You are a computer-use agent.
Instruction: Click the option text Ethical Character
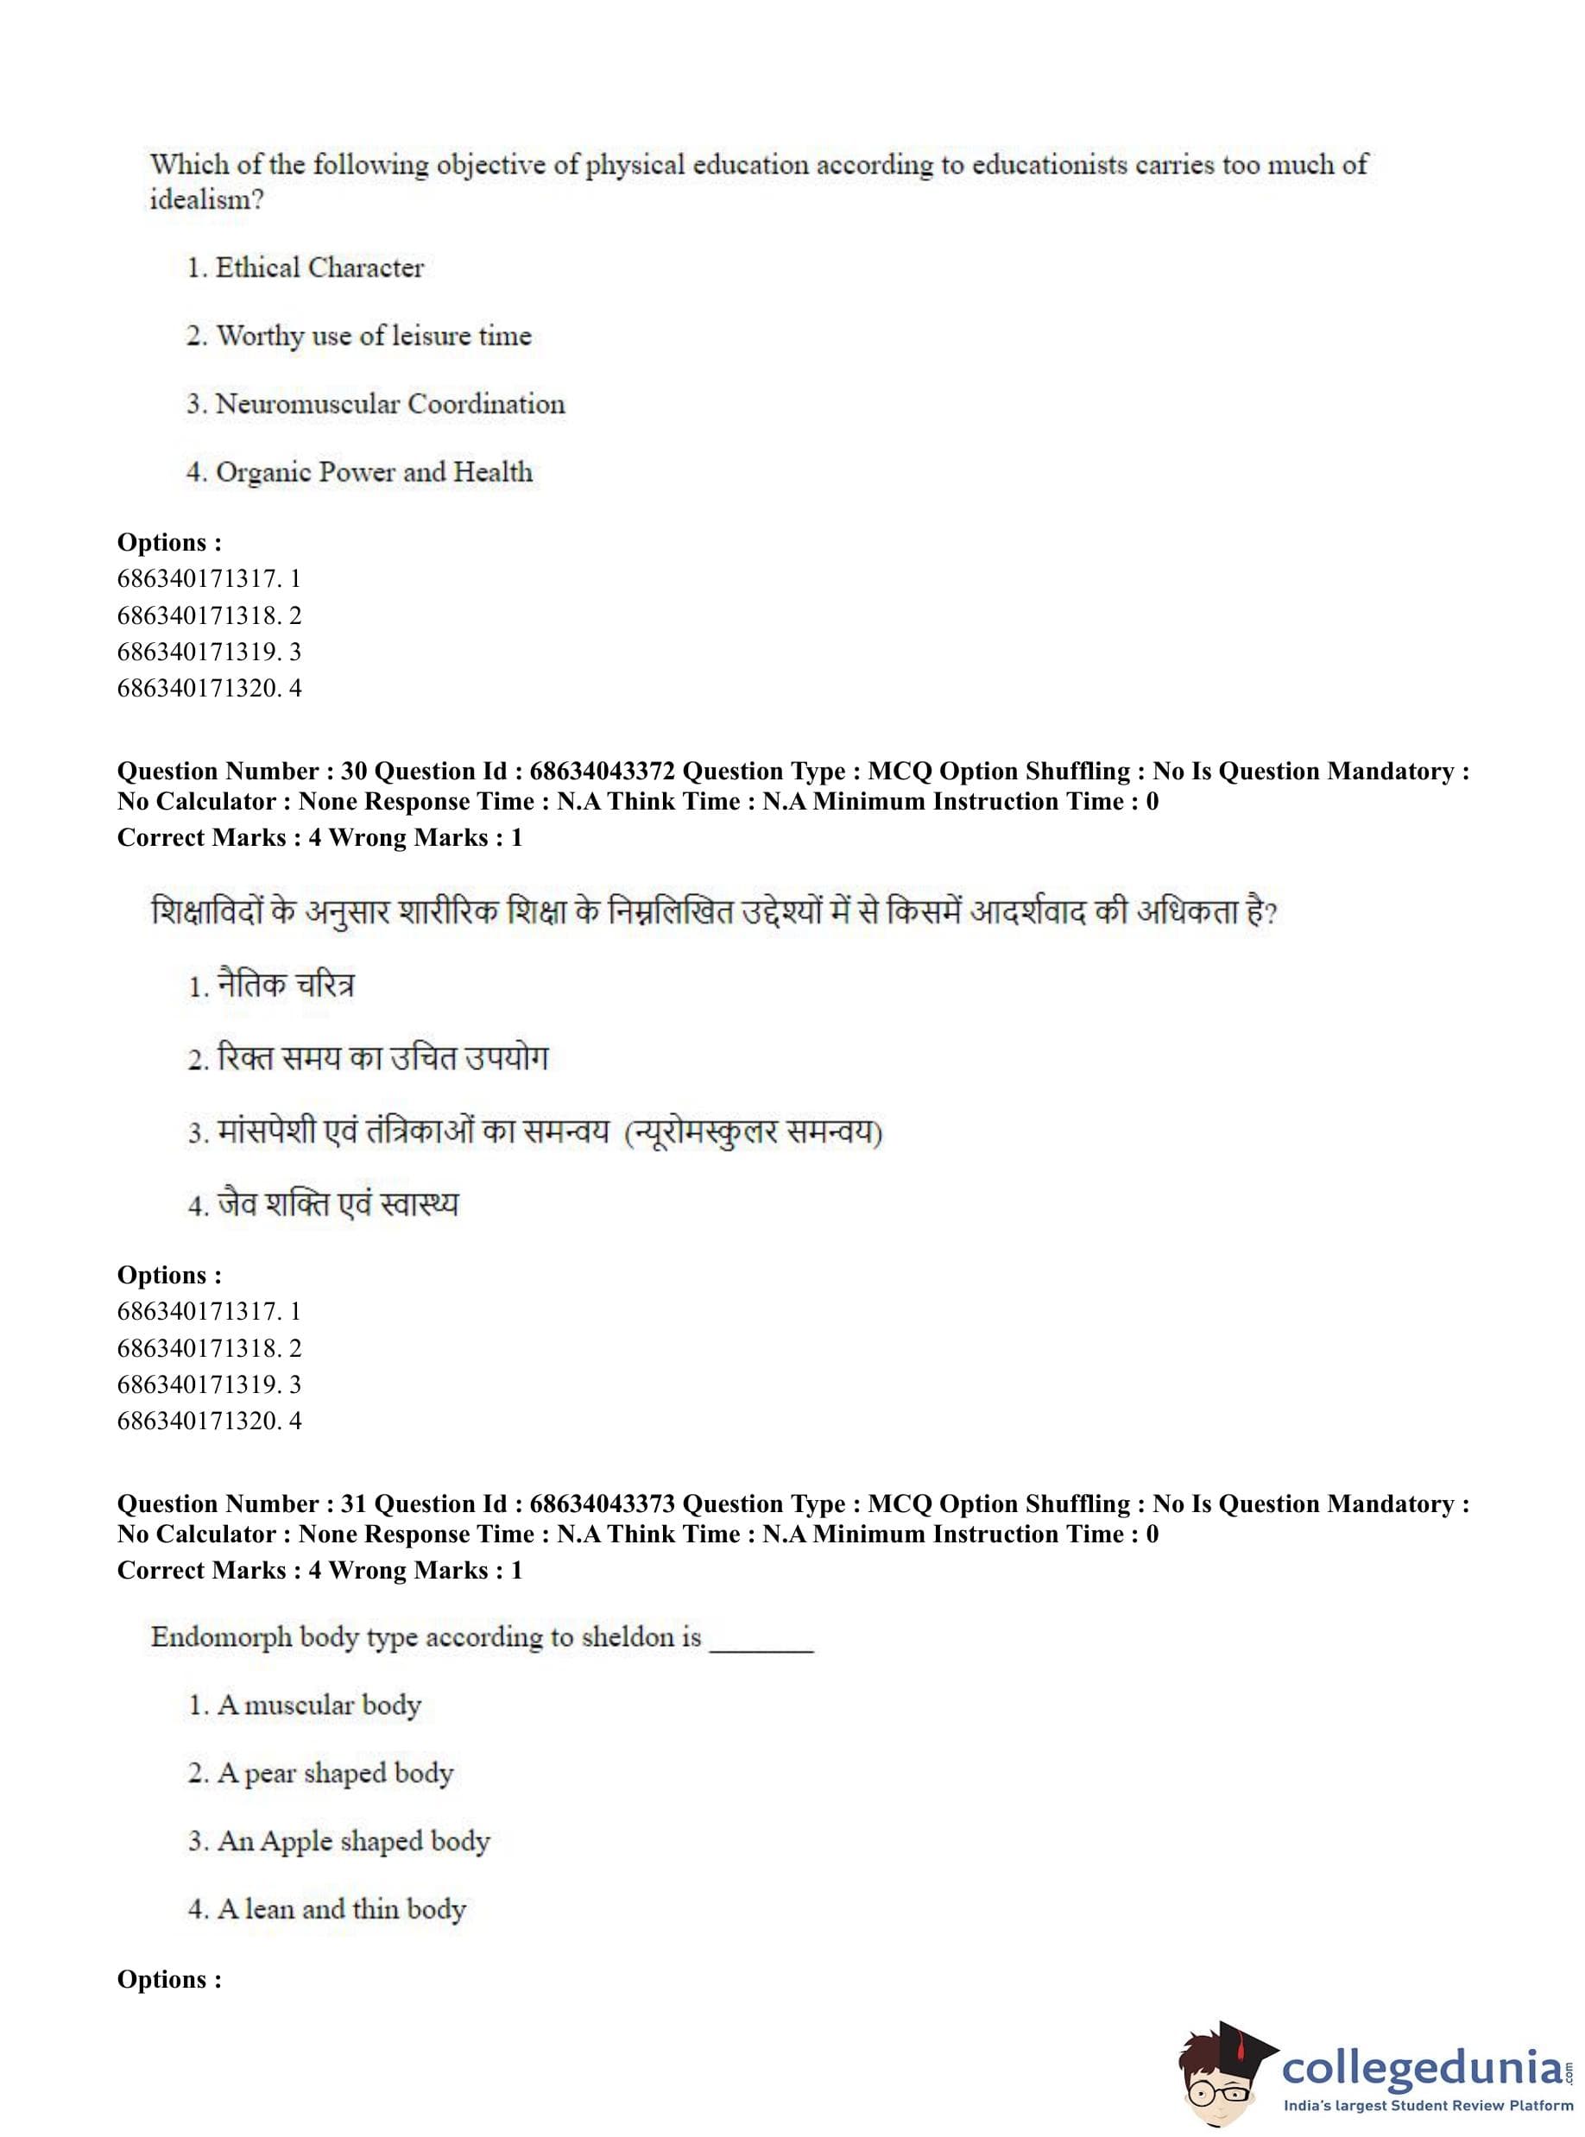(x=319, y=268)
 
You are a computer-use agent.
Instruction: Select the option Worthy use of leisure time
(x=373, y=336)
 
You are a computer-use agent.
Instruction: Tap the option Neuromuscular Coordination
(x=389, y=404)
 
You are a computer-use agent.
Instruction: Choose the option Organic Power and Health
(x=373, y=472)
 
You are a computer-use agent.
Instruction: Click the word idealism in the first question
(x=205, y=199)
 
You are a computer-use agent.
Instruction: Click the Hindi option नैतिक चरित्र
(x=286, y=985)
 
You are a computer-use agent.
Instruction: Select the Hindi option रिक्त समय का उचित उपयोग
(x=382, y=1058)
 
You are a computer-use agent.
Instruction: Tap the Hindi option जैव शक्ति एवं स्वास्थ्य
(x=338, y=1204)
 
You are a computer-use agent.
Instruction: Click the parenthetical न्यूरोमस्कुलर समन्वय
(x=753, y=1132)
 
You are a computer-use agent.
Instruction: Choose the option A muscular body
(x=319, y=1705)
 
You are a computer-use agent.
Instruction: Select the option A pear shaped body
(x=335, y=1774)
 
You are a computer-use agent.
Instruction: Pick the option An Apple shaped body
(x=353, y=1842)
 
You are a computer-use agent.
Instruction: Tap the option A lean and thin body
(x=342, y=1910)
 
